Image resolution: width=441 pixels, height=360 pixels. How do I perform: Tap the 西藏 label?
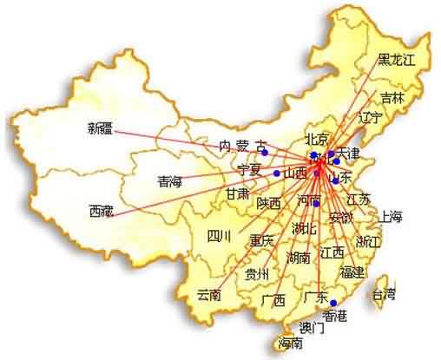[101, 210]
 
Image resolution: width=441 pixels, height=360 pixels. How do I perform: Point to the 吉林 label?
[392, 98]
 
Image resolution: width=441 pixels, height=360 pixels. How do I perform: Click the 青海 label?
[170, 181]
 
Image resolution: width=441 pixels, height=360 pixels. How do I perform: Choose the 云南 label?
[209, 293]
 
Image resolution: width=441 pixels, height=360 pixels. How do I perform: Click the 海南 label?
[292, 344]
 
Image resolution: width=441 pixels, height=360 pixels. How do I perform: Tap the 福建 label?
[352, 272]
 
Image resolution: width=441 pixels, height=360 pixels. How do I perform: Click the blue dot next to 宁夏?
[277, 173]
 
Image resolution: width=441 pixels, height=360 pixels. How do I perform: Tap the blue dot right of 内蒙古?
[265, 154]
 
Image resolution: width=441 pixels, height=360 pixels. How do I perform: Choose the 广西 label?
[273, 300]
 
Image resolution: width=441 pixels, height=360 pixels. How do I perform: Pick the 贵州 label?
[257, 275]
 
